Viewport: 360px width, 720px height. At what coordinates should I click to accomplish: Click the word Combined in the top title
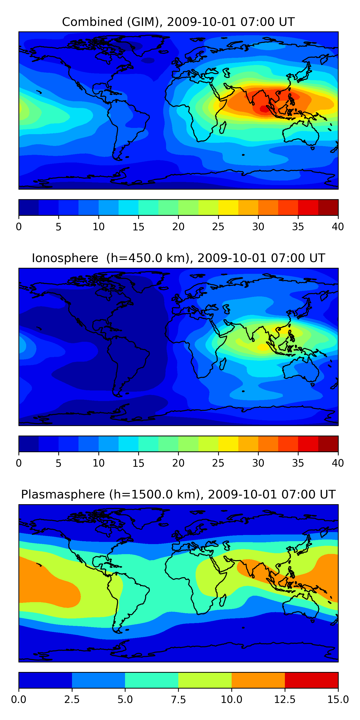coord(92,22)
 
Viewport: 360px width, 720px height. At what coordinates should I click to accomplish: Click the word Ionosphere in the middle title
coord(65,258)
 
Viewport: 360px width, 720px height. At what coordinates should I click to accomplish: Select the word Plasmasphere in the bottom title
coord(63,494)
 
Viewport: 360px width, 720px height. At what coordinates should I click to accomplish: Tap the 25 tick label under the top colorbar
coord(218,227)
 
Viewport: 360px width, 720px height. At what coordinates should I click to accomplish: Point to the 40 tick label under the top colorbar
coord(338,227)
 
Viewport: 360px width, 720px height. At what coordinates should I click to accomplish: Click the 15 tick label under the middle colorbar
coord(138,463)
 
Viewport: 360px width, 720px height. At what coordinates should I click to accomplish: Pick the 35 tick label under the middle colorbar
coord(298,463)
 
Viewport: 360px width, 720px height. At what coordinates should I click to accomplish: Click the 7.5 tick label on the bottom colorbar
coord(178,700)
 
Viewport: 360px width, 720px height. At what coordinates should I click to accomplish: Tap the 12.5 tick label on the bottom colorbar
coord(285,700)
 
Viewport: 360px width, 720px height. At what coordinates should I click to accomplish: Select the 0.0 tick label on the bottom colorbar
coord(19,700)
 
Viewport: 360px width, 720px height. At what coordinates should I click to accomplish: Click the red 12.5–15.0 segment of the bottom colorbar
coord(311,680)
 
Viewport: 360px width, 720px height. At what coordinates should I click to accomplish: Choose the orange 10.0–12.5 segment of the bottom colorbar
coord(258,680)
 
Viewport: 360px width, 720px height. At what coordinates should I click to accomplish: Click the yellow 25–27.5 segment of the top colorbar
coord(228,207)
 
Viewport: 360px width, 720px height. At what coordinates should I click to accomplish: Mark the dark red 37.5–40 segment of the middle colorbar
coord(328,444)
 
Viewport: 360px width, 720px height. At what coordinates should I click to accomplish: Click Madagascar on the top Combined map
coord(223,127)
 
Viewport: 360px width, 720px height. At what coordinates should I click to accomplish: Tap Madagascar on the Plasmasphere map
coord(223,600)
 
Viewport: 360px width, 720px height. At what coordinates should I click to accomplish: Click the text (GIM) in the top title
coord(145,22)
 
